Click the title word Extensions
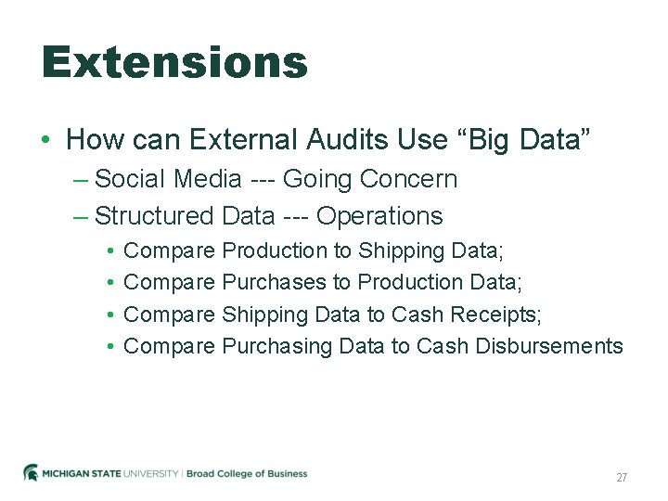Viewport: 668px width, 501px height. point(174,63)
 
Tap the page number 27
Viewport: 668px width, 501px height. point(622,478)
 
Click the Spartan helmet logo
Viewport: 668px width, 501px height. point(32,473)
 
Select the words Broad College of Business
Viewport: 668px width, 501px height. point(247,474)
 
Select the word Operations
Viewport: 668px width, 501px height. point(379,216)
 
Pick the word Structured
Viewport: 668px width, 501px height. point(154,216)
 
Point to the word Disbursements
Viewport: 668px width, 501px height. point(549,346)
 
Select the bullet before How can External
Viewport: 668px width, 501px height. point(45,141)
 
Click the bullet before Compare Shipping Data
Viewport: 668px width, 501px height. point(109,315)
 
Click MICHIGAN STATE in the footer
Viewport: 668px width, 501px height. point(84,474)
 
